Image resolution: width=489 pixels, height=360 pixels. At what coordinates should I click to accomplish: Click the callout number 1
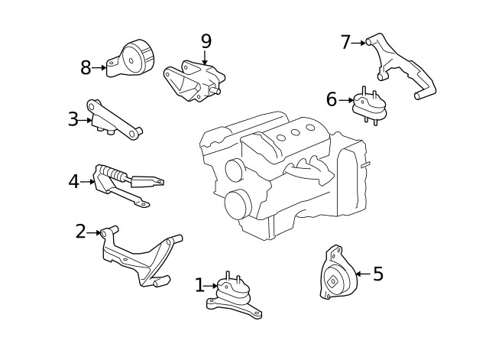click(x=199, y=286)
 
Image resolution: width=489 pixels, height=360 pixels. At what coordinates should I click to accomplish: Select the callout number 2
click(x=80, y=232)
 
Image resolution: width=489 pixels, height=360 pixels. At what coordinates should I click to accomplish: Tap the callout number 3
click(x=73, y=119)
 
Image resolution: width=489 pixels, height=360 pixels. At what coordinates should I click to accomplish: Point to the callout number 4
click(x=73, y=182)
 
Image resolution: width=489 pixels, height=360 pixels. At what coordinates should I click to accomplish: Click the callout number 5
click(x=377, y=274)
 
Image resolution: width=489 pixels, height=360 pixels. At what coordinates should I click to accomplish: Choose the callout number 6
click(x=331, y=99)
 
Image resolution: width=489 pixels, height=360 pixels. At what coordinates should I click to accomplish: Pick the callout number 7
click(x=345, y=43)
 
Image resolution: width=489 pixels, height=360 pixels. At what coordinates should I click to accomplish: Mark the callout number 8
click(x=86, y=68)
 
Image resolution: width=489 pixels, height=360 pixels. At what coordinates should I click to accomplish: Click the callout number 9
click(x=206, y=41)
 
